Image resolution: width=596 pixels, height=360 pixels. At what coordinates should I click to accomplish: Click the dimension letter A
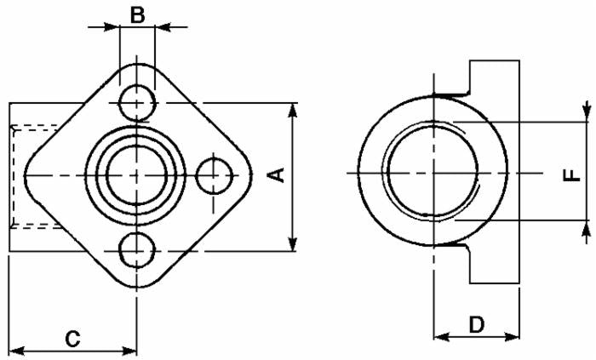[x=275, y=174]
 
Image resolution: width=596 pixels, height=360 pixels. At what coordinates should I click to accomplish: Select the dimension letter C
[x=73, y=338]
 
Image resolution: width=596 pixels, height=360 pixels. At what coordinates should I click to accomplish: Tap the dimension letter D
[x=477, y=323]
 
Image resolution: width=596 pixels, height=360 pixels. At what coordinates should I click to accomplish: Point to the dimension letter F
[x=572, y=174]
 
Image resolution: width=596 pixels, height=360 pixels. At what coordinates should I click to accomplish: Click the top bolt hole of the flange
[x=136, y=103]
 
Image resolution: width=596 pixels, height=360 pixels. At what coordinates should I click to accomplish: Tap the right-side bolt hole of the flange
[x=214, y=175]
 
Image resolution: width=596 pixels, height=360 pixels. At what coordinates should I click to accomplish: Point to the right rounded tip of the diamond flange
[x=250, y=175]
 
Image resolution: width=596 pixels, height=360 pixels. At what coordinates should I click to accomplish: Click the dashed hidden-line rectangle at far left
[x=34, y=175]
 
